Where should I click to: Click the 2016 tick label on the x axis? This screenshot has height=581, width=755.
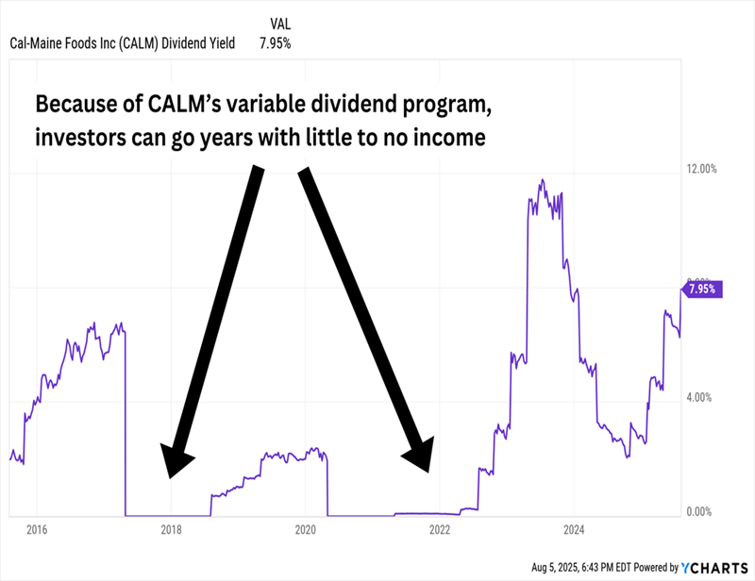click(36, 529)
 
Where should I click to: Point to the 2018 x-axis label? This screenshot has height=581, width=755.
click(171, 529)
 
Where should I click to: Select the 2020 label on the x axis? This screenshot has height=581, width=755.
click(306, 529)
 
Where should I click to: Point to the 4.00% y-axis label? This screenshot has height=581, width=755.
click(699, 397)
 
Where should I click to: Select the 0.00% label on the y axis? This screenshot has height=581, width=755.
click(699, 512)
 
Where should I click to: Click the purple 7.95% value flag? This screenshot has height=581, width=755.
click(702, 290)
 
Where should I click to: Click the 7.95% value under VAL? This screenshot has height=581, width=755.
click(276, 42)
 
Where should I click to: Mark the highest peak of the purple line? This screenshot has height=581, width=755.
click(543, 179)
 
